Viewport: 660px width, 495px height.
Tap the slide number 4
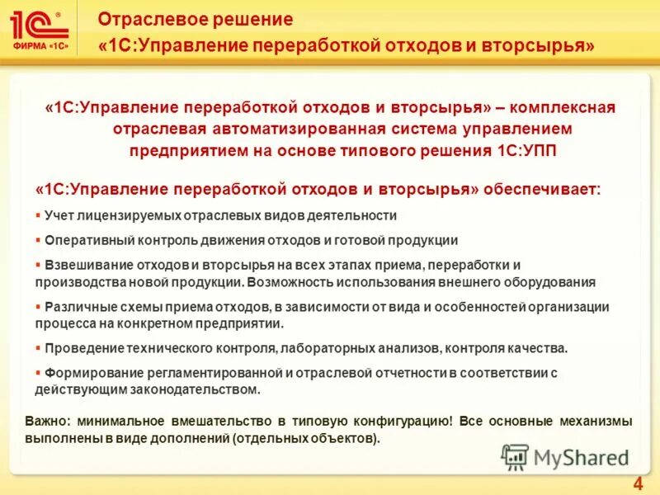(637, 483)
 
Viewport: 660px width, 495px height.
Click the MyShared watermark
(565, 456)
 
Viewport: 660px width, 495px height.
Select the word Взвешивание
(84, 265)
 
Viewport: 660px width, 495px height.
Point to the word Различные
(77, 307)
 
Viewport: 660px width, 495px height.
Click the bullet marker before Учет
(38, 215)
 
